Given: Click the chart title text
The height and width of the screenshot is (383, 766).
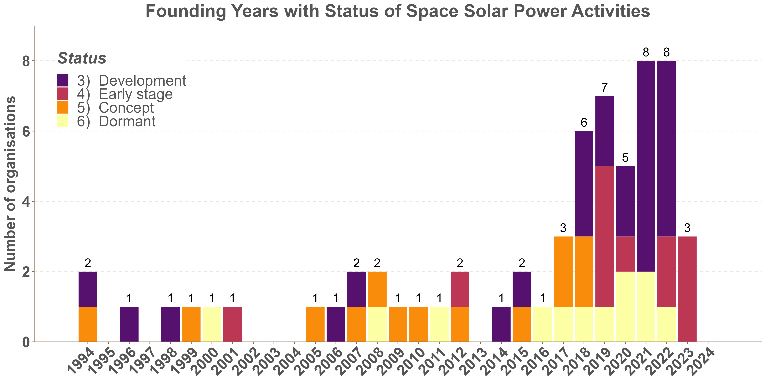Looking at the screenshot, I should click(x=398, y=11).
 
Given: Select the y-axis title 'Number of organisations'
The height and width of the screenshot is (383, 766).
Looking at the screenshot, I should click(x=10, y=183).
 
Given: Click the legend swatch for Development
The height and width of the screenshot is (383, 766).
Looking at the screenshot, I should click(x=63, y=80).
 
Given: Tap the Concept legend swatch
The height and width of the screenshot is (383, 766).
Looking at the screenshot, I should click(x=63, y=107).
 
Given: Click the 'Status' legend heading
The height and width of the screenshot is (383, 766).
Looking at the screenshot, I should click(x=82, y=58).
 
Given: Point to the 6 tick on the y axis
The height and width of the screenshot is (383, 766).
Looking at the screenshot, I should click(x=26, y=131).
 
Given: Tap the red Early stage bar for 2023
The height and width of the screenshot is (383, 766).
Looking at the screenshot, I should click(x=687, y=289).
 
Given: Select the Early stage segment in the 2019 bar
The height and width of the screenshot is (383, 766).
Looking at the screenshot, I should click(x=604, y=236).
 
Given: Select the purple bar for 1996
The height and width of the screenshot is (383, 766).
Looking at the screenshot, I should click(x=129, y=324).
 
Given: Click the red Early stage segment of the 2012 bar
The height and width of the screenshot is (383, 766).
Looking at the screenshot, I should click(x=460, y=289).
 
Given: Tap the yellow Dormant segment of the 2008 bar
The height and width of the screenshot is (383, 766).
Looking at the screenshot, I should click(x=377, y=324).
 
